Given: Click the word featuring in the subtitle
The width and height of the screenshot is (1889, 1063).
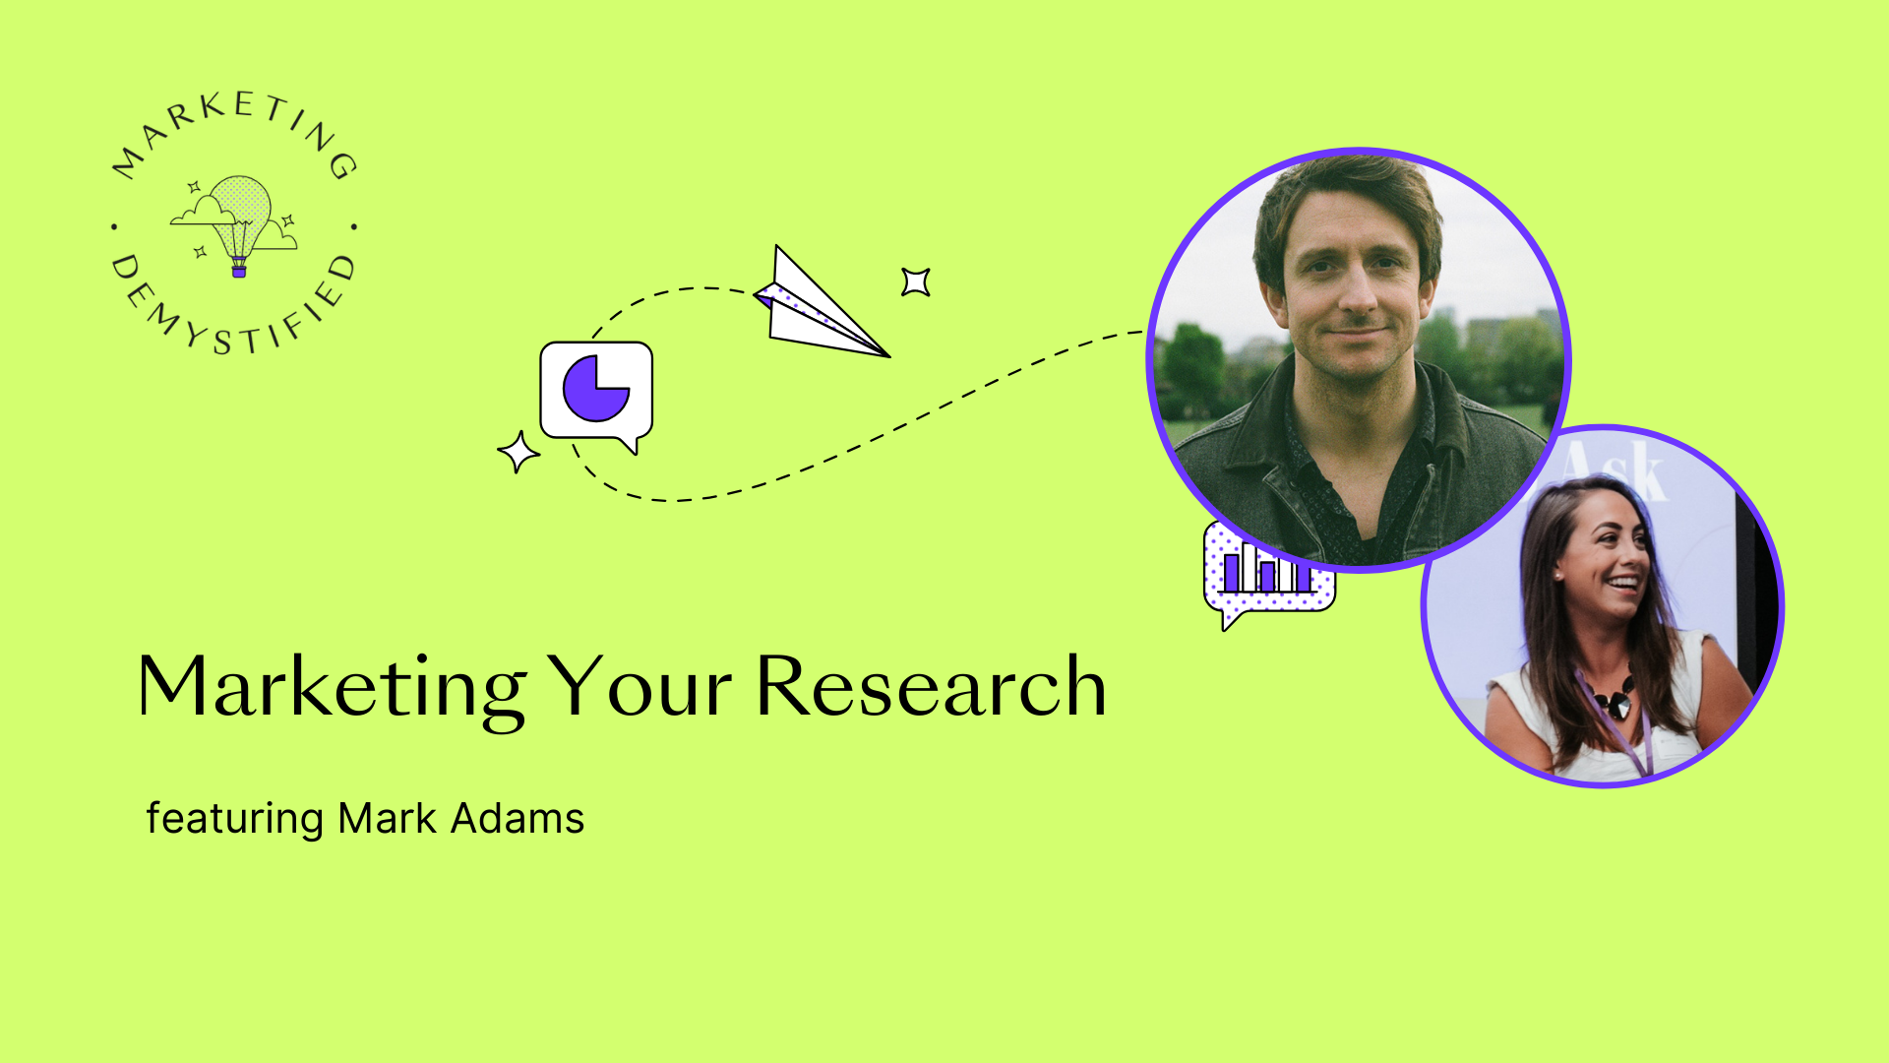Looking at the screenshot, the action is click(234, 819).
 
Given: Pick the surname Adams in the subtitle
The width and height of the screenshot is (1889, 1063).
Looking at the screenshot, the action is click(518, 818).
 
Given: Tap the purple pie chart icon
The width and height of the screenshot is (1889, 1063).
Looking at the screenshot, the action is click(595, 388).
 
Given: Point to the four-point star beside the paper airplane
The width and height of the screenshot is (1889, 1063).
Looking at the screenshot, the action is click(916, 282).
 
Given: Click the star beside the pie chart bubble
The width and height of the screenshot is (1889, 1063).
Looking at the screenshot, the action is click(518, 452).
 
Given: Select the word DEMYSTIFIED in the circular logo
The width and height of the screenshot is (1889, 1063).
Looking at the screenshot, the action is click(232, 310).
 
